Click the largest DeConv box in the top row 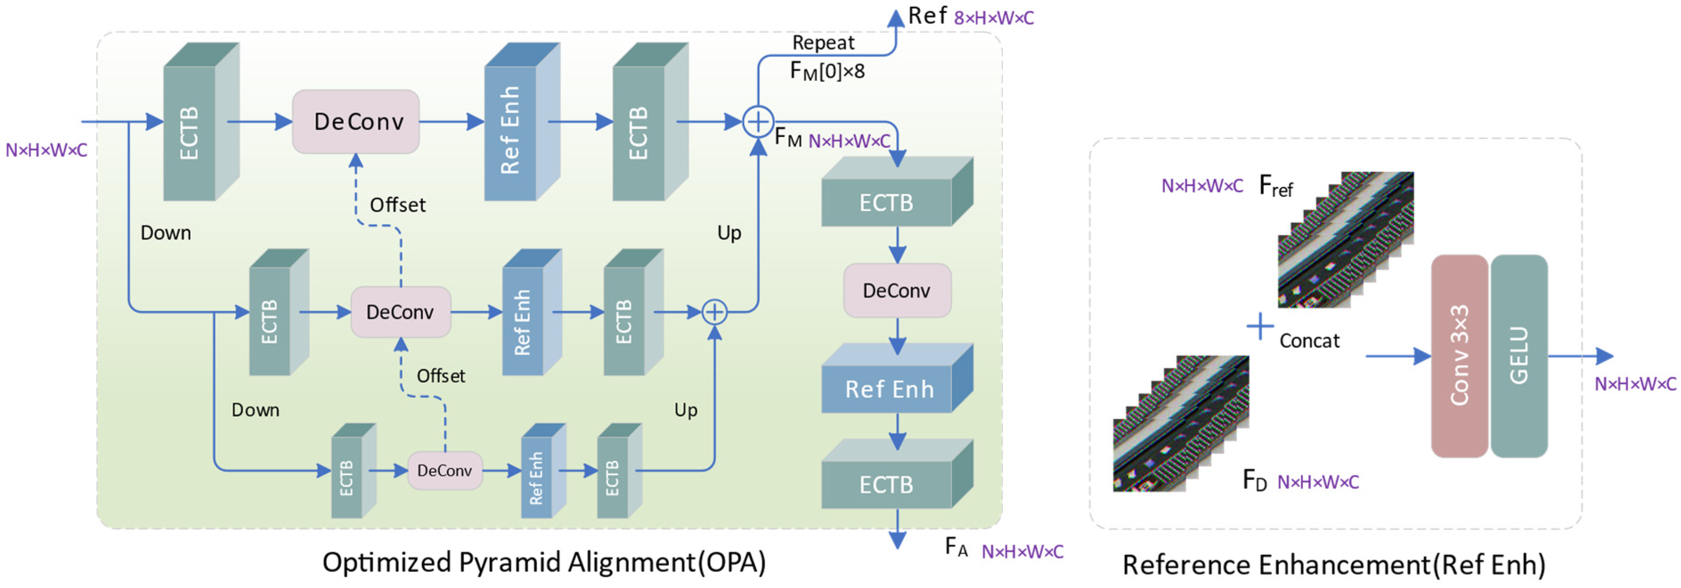coord(356,122)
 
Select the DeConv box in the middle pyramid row coord(400,312)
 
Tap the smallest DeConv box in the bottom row coord(444,470)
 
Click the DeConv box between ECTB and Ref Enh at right coord(897,290)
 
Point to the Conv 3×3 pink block coord(1459,355)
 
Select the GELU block coord(1518,355)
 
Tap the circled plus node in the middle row coord(715,312)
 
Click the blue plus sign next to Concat coord(1259,327)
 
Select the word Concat coord(1309,341)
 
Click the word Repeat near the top coord(823,43)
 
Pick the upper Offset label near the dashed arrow coord(397,205)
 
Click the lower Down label coord(255,410)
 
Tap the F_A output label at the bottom coord(957,547)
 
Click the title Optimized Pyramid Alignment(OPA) coord(544,563)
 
